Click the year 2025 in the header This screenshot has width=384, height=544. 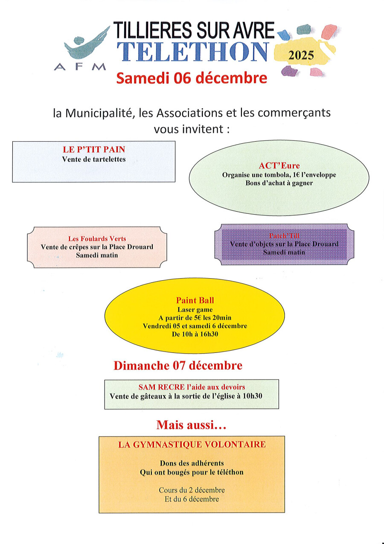[x=301, y=55]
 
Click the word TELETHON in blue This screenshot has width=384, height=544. [x=193, y=51]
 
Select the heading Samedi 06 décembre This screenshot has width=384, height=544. [x=192, y=79]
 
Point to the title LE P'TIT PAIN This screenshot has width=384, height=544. [x=94, y=149]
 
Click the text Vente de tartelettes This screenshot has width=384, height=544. [x=94, y=159]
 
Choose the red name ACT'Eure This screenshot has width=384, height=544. [x=279, y=166]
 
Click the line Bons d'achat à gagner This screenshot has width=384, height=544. [x=279, y=183]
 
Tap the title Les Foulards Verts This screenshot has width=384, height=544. [x=97, y=239]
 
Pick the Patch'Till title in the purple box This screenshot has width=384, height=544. [x=284, y=236]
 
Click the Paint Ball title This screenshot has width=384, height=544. [x=195, y=300]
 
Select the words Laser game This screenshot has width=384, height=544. [x=195, y=309]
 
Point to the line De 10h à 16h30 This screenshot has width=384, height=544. [x=195, y=334]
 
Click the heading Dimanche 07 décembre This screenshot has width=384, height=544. [x=178, y=366]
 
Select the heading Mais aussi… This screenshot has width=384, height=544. [x=191, y=425]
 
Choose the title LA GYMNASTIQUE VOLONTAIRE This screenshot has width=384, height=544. [x=192, y=445]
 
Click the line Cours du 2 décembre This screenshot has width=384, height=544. [x=192, y=490]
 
